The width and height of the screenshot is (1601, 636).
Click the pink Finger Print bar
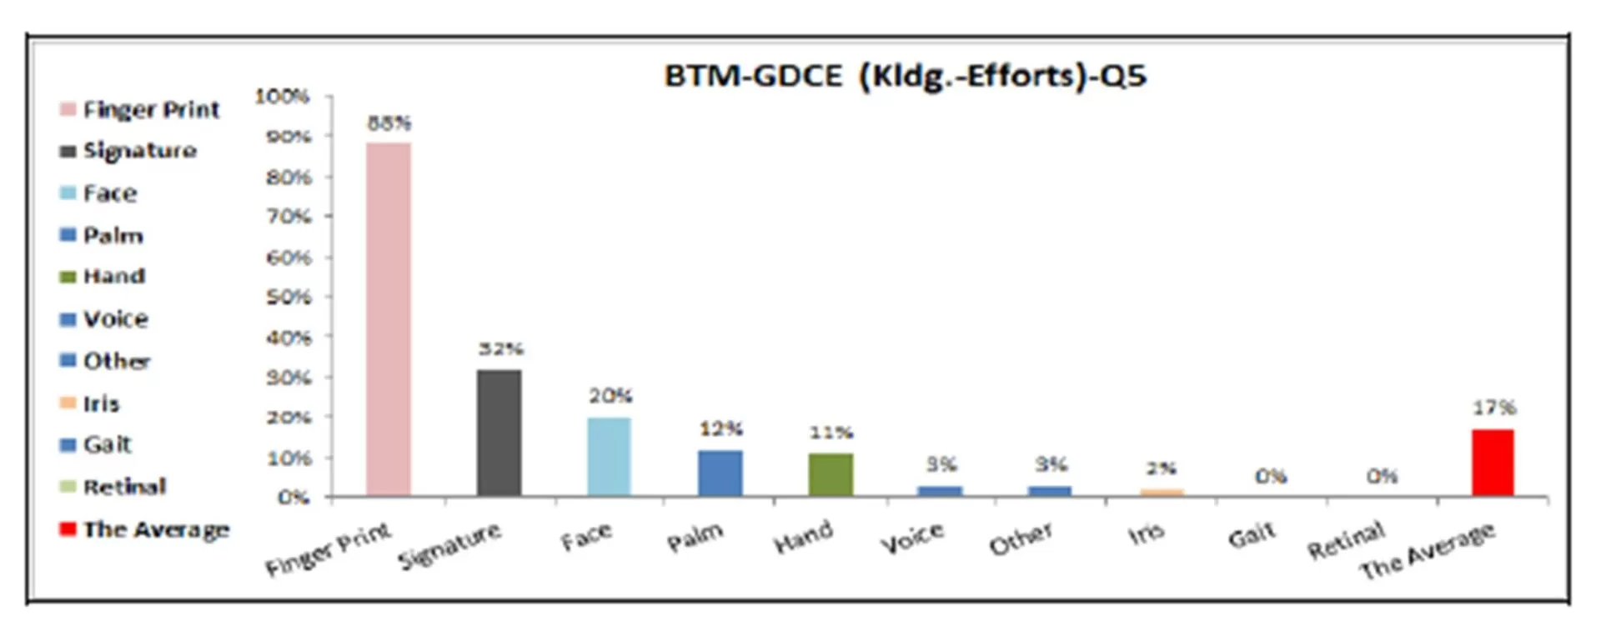coord(389,319)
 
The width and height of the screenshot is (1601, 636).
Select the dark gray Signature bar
coord(499,433)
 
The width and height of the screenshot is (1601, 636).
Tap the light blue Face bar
coord(609,457)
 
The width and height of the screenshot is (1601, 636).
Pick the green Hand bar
coord(831,474)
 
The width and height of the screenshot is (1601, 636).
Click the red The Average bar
coord(1493,463)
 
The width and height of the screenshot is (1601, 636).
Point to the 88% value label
coord(389,123)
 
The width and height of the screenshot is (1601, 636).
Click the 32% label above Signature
coord(500,349)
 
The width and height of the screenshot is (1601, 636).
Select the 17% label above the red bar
coord(1493,408)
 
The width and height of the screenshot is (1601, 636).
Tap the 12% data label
coord(720,429)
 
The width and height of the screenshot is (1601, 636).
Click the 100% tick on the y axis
coord(282,97)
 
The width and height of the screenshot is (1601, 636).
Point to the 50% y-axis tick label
coord(289,298)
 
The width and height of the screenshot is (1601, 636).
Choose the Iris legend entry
coord(101,403)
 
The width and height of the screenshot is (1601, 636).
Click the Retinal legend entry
coord(124,487)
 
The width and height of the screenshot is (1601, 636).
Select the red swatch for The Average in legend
coord(68,529)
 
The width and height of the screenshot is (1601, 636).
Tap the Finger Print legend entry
coord(151,109)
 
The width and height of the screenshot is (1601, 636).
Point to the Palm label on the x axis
coord(695,538)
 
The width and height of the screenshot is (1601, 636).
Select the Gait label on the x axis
coord(1252,535)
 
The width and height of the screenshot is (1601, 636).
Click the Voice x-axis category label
coord(912,538)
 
